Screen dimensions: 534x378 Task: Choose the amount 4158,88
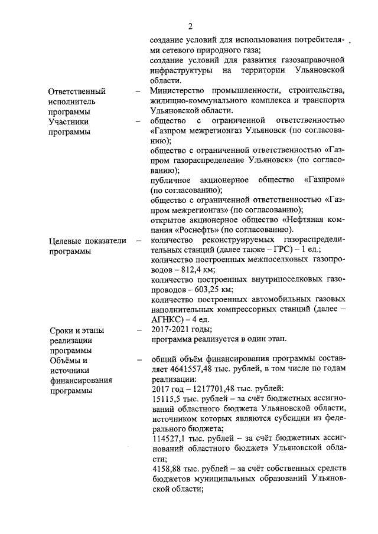click(x=167, y=469)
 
